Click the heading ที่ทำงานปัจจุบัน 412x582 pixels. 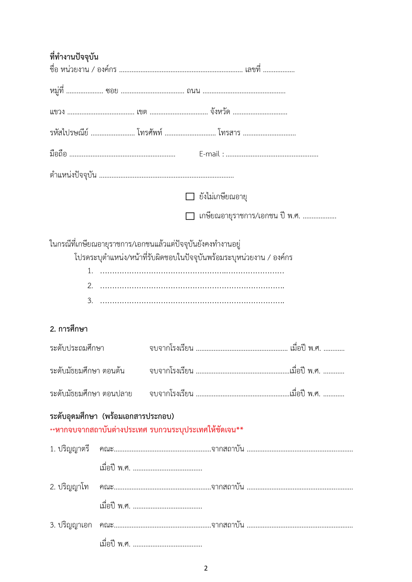(x=74, y=57)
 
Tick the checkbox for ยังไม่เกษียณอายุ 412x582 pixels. (x=190, y=196)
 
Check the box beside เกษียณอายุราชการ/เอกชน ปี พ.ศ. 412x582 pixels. (x=190, y=216)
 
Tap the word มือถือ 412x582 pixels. (x=58, y=154)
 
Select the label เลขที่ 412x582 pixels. (x=253, y=70)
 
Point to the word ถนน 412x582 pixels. (x=193, y=91)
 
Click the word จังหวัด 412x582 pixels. (x=220, y=112)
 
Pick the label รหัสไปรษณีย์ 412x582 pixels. (x=69, y=133)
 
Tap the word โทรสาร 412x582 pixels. (x=229, y=133)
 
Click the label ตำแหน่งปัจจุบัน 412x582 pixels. (x=73, y=175)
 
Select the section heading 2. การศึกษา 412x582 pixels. (x=69, y=329)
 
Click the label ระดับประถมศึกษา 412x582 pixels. (x=77, y=348)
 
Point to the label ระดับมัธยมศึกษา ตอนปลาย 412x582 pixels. (x=91, y=394)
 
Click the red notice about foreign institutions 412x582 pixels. (x=146, y=430)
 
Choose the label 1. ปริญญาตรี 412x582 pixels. (x=70, y=449)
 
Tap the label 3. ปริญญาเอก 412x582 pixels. (x=71, y=525)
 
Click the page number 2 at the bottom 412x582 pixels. (x=206, y=568)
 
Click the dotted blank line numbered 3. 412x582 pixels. (x=192, y=301)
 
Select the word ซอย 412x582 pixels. (x=112, y=91)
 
